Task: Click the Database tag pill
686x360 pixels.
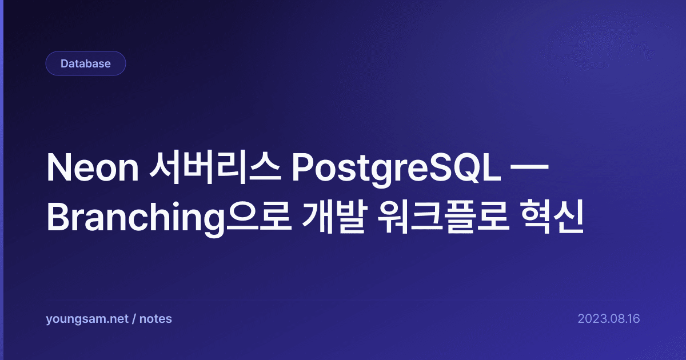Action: pyautogui.click(x=86, y=63)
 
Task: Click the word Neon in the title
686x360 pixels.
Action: pyautogui.click(x=93, y=168)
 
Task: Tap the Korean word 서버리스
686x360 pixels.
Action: pyautogui.click(x=215, y=168)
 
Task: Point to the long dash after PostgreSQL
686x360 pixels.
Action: pyautogui.click(x=529, y=168)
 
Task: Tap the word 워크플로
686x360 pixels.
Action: pyautogui.click(x=444, y=217)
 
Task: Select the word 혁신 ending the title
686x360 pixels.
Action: pyautogui.click(x=552, y=217)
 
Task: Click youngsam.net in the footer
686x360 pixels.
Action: pyautogui.click(x=87, y=319)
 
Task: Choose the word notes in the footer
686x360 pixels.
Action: pyautogui.click(x=155, y=319)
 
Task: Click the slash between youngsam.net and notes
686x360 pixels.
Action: pyautogui.click(x=134, y=319)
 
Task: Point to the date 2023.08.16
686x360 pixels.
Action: pyautogui.click(x=609, y=319)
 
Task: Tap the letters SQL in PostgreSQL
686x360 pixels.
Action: pyautogui.click(x=465, y=168)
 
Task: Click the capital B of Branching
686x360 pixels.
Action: pyautogui.click(x=58, y=217)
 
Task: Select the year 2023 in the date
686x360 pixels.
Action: pyautogui.click(x=591, y=319)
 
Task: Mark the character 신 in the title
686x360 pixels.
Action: pyautogui.click(x=569, y=217)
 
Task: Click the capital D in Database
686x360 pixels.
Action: pyautogui.click(x=64, y=63)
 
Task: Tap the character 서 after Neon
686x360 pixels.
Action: pyautogui.click(x=165, y=168)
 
